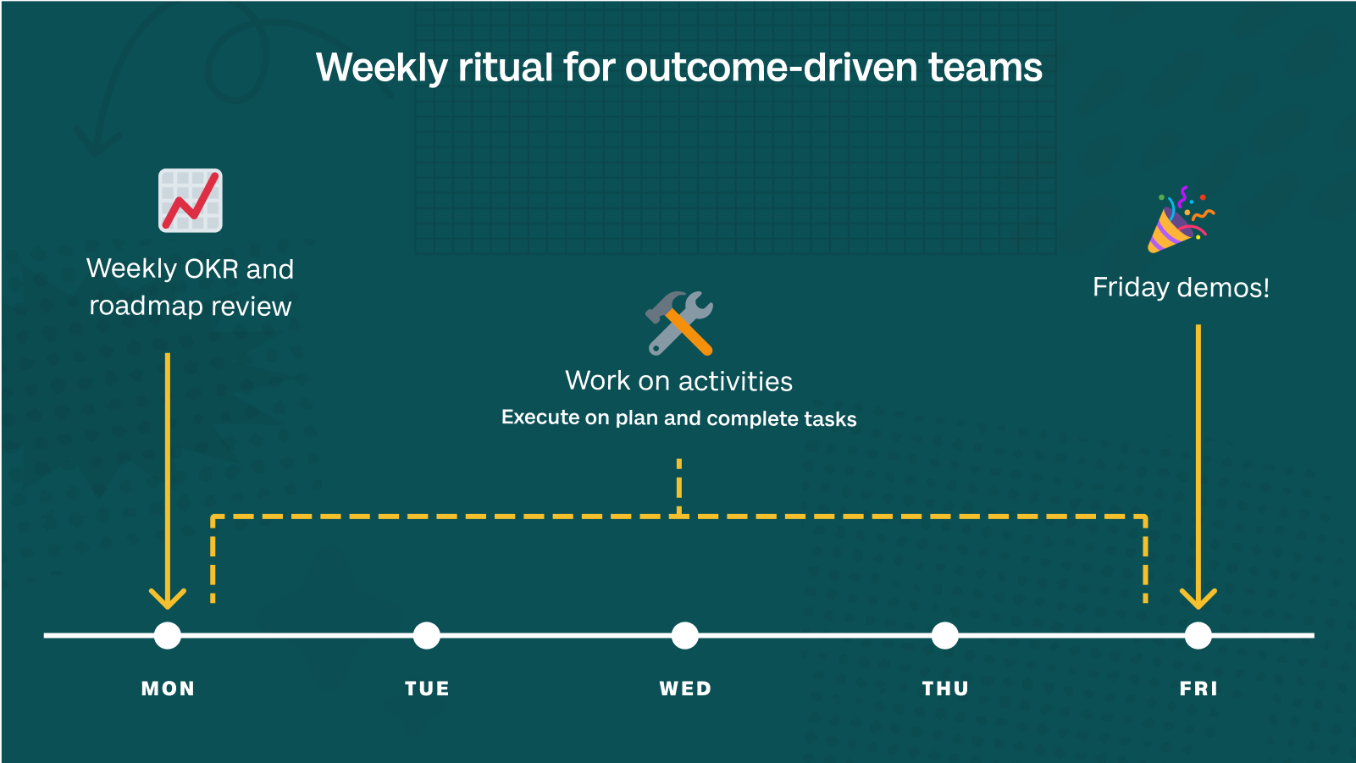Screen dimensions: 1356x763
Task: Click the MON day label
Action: pyautogui.click(x=168, y=688)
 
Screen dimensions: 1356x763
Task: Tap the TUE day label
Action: pyautogui.click(x=428, y=688)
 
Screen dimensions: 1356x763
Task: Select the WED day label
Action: pyautogui.click(x=685, y=688)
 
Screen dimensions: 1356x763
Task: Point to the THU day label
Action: pyautogui.click(x=945, y=688)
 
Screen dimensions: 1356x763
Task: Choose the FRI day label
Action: pyautogui.click(x=1198, y=688)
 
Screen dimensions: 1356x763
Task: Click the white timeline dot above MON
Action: pyautogui.click(x=168, y=635)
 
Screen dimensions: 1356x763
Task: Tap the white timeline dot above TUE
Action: pyautogui.click(x=427, y=635)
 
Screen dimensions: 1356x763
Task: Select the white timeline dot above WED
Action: pyautogui.click(x=685, y=635)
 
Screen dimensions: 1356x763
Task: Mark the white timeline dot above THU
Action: pyautogui.click(x=945, y=635)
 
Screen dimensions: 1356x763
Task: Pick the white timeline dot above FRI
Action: pyautogui.click(x=1198, y=635)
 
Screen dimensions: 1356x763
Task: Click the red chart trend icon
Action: pyautogui.click(x=191, y=201)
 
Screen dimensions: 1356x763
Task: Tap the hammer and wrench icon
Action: pyautogui.click(x=679, y=323)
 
